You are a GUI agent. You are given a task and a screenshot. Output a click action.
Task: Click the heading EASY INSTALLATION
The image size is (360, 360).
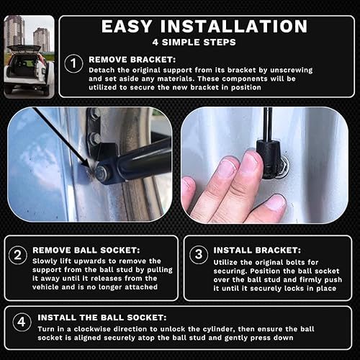pyautogui.click(x=204, y=27)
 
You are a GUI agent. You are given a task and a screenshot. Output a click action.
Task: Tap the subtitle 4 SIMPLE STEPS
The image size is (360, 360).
pyautogui.click(x=204, y=42)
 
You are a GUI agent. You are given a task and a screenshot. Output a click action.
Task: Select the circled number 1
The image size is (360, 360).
pyautogui.click(x=73, y=64)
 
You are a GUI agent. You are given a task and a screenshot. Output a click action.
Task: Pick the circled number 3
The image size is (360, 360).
pyautogui.click(x=198, y=253)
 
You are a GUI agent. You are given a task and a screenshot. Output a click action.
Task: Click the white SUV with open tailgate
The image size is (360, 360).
pyautogui.click(x=27, y=70)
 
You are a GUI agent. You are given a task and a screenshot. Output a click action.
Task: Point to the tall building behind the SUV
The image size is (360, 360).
pyautogui.click(x=14, y=32)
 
